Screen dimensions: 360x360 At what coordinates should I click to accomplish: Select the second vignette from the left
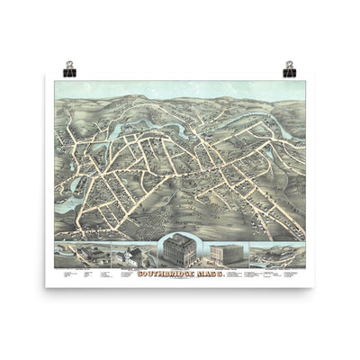[x=130, y=256]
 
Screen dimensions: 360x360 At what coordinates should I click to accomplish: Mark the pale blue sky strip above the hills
[x=180, y=87]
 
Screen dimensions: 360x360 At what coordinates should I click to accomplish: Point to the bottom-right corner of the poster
[x=314, y=287]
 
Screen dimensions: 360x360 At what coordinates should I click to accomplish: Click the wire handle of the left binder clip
[x=69, y=64]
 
